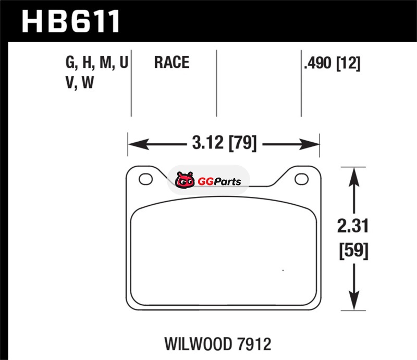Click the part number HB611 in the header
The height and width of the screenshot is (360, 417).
tap(71, 21)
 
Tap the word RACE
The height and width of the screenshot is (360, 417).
tap(172, 63)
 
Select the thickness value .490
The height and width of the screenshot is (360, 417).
tap(318, 63)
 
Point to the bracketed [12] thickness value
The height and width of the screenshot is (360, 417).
tap(348, 63)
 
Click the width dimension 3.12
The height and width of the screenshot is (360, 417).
tap(207, 143)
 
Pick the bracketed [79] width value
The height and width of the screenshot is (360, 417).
tap(243, 143)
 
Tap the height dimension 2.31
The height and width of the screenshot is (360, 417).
tap(353, 226)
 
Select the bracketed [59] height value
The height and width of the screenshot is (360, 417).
tap(354, 251)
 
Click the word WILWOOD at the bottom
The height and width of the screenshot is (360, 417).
tap(198, 344)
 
